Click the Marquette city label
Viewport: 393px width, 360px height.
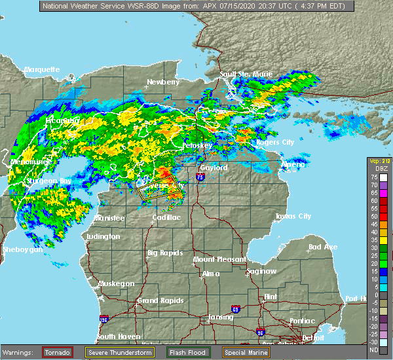[x=42, y=69]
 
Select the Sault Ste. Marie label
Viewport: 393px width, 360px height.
[x=246, y=74]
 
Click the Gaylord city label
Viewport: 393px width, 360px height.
[x=214, y=168]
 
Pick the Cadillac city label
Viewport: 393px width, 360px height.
[x=166, y=217]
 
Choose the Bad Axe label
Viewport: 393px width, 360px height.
[x=322, y=247]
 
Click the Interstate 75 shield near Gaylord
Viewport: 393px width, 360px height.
[x=199, y=176]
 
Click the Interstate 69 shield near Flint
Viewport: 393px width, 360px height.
[x=252, y=306]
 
